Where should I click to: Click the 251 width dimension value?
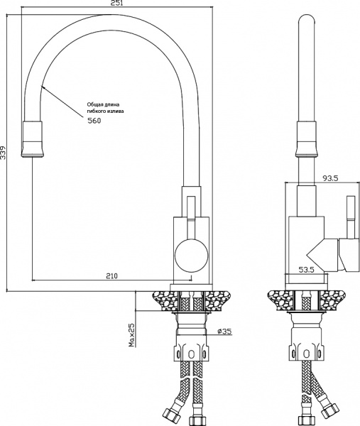click(x=117, y=3)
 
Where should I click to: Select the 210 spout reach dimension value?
click(x=112, y=276)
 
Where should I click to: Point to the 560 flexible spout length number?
click(x=94, y=121)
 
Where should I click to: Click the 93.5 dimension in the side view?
click(x=330, y=178)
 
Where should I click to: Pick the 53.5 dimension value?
click(x=307, y=270)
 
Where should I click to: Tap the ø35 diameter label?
click(x=224, y=331)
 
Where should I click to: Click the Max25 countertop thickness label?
click(x=132, y=335)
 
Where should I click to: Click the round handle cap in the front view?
click(x=192, y=256)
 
